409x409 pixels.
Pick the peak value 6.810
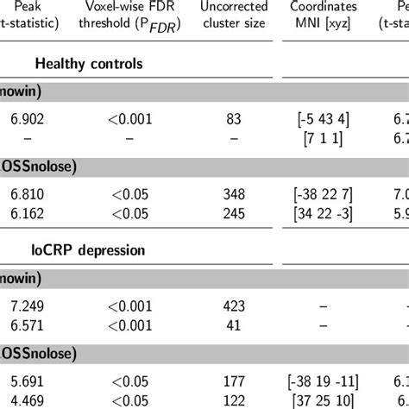pos(25,191)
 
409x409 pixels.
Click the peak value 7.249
pos(25,302)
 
